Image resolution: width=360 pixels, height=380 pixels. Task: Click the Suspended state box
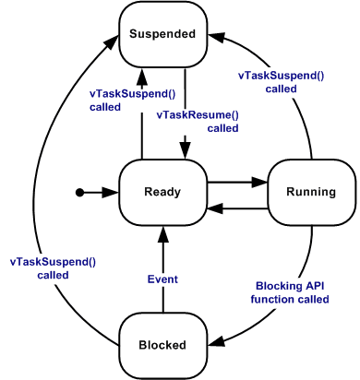click(x=162, y=35)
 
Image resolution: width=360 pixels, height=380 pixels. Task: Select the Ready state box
click(x=162, y=192)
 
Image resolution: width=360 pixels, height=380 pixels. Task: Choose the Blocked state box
click(x=162, y=345)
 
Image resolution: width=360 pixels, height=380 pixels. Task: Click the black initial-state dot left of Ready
click(x=80, y=192)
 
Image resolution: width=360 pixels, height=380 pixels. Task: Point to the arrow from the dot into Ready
click(x=100, y=192)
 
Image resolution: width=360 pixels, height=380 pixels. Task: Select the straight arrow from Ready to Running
click(x=236, y=184)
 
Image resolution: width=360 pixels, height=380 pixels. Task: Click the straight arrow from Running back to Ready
click(x=236, y=208)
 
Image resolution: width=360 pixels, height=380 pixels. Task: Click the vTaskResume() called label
click(x=198, y=121)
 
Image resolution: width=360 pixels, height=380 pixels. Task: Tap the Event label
click(x=162, y=277)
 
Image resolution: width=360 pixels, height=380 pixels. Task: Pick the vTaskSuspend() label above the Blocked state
click(x=53, y=267)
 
